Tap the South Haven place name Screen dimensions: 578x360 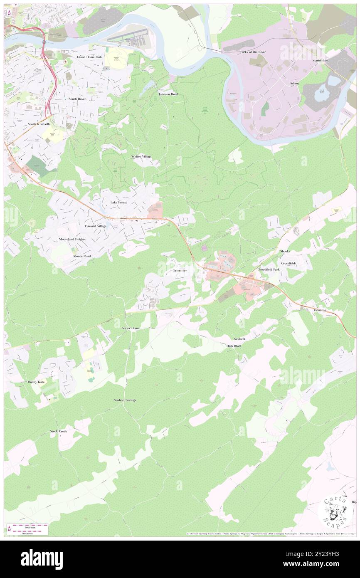pyautogui.click(x=77, y=99)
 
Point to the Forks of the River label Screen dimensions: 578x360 pyautogui.click(x=253, y=52)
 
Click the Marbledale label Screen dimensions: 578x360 pyautogui.click(x=320, y=60)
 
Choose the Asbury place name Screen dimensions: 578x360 pyautogui.click(x=295, y=83)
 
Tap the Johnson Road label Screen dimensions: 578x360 pyautogui.click(x=168, y=94)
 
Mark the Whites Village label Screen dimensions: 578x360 pyautogui.click(x=141, y=156)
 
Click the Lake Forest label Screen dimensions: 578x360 pyautogui.click(x=118, y=203)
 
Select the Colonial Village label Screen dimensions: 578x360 pyautogui.click(x=96, y=226)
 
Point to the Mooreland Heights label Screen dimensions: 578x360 pyautogui.click(x=72, y=240)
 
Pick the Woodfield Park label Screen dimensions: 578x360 pyautogui.click(x=269, y=269)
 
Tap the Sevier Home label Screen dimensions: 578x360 pyautogui.click(x=131, y=328)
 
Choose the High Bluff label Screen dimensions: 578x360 pyautogui.click(x=234, y=346)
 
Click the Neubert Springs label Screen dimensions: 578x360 pyautogui.click(x=125, y=400)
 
